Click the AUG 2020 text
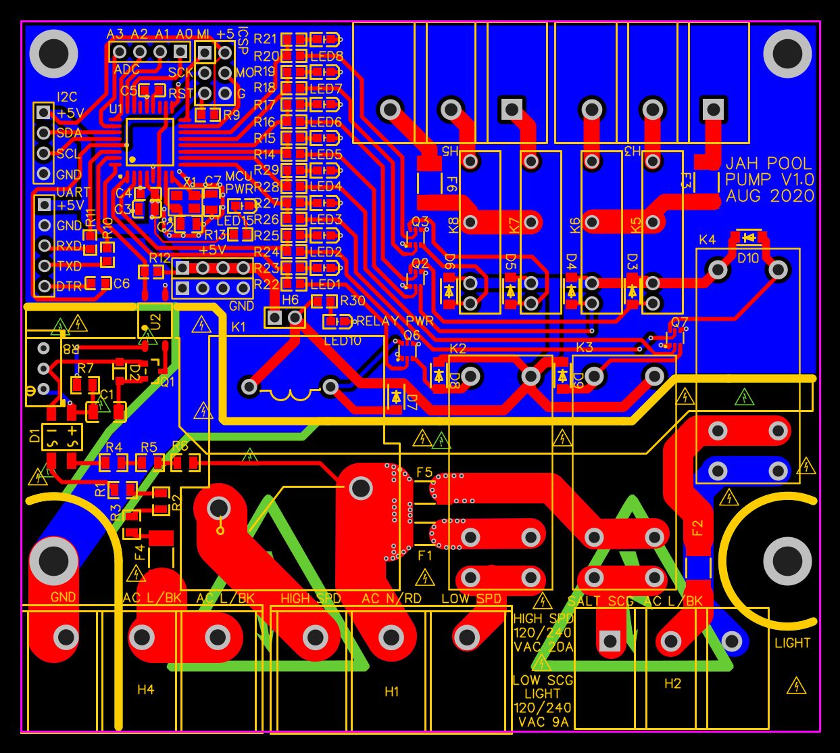[x=770, y=196]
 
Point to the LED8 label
[x=326, y=57]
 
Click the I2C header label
[x=67, y=97]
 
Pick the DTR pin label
[x=69, y=286]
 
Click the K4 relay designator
[x=707, y=240]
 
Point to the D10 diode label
[x=748, y=258]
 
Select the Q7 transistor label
[x=679, y=321]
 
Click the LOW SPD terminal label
[x=471, y=599]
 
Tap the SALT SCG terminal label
[x=601, y=601]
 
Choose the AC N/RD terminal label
[x=391, y=599]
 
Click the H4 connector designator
[x=145, y=689]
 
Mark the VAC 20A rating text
[x=543, y=647]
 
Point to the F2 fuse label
[x=697, y=527]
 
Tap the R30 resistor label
[x=352, y=301]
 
